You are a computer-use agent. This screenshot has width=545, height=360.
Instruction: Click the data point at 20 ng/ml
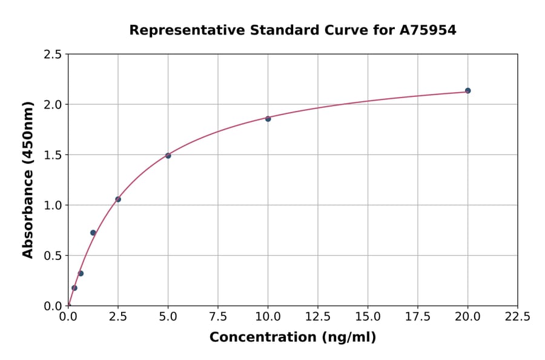coord(467,91)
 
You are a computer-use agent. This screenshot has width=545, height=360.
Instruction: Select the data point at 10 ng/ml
coord(268,119)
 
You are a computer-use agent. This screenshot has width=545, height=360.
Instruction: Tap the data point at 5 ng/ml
coord(168,156)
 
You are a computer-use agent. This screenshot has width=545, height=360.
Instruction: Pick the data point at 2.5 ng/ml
coord(118,199)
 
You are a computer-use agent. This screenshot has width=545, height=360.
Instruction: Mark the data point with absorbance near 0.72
coord(93,233)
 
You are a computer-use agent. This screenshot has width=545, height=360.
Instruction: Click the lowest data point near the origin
coord(74,288)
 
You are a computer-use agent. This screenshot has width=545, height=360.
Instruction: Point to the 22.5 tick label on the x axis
coord(517,316)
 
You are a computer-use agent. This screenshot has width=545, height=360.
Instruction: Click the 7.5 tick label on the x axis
coord(218,316)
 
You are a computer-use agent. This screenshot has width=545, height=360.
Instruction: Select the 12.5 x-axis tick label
coord(318,316)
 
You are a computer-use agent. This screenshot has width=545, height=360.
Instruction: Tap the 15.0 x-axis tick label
coord(368,316)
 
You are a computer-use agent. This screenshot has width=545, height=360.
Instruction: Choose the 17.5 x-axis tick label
coord(418,316)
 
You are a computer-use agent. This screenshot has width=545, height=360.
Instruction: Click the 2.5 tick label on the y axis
coord(53,55)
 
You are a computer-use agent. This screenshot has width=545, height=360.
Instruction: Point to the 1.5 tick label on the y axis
coord(53,155)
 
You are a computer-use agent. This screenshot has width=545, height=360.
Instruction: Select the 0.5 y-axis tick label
coord(53,256)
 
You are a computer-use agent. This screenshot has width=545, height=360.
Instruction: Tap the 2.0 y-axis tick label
coord(53,105)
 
